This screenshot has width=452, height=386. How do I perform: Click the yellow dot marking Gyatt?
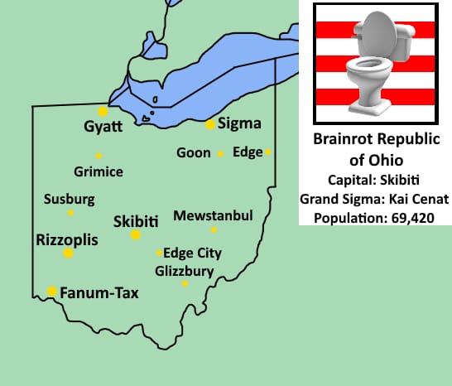coord(103,111)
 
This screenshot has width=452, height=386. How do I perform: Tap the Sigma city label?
coord(239,124)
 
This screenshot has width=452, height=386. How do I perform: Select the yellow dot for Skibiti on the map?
coord(136,235)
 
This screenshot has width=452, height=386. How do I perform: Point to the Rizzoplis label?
coord(67,239)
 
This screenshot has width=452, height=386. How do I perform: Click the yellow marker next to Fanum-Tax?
coord(52,291)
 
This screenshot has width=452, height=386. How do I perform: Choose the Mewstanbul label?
coord(213,216)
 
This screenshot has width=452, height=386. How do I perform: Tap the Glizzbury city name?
coord(185,271)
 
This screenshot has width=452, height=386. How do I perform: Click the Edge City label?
coord(193,253)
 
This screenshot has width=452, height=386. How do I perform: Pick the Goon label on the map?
coord(194,152)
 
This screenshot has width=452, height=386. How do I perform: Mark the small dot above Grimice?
coord(99,156)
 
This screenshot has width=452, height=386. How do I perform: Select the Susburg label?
coord(70,200)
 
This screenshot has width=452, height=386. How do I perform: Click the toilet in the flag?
coord(377,62)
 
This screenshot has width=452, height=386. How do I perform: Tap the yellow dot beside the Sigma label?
coord(210,124)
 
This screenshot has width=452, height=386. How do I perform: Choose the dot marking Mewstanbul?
coord(214,229)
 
